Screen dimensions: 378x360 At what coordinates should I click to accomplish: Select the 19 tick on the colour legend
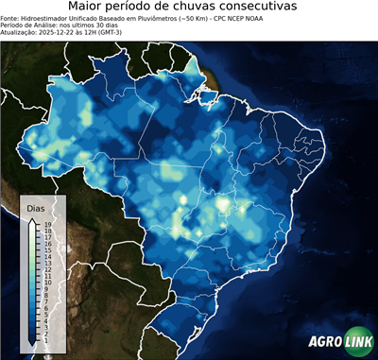coord(46,224)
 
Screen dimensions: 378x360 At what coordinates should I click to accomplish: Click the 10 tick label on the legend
coord(46,281)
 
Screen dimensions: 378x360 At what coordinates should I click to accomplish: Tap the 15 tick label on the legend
coord(46,249)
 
